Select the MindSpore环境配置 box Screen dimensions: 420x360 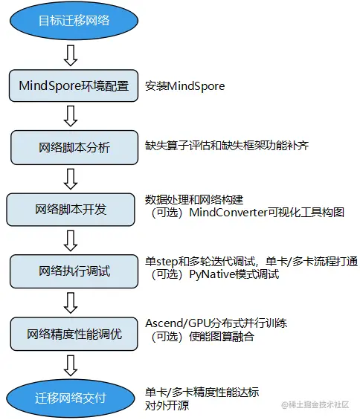[x=73, y=86]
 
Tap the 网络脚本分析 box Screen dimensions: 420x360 [x=73, y=147]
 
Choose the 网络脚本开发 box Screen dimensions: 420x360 [x=73, y=209]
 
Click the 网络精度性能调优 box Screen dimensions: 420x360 [x=73, y=334]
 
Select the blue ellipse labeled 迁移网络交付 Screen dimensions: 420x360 [x=73, y=398]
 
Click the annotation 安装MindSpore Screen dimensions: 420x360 [x=185, y=86]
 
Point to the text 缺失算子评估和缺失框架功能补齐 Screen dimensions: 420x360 [x=227, y=146]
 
